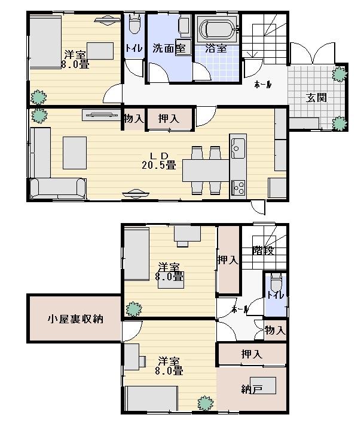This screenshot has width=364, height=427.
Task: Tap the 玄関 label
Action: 316,97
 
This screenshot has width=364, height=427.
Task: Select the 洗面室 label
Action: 169,48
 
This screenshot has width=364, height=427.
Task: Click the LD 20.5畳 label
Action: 159,161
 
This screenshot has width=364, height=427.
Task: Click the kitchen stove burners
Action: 238,187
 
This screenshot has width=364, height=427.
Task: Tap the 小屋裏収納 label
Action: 75,318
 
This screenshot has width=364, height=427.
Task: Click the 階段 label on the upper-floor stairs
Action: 263,250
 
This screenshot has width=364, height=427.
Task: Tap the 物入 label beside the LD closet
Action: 134,119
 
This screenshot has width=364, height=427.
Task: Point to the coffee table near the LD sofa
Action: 75,153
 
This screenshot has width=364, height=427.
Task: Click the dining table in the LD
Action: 206,170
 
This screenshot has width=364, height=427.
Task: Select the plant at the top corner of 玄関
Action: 339,74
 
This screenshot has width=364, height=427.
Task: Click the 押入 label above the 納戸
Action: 252,354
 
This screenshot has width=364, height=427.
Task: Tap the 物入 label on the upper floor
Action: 275,330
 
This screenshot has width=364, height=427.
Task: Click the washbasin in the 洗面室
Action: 183,48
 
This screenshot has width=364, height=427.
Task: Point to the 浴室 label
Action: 216,48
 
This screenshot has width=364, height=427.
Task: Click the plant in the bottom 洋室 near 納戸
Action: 205,403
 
